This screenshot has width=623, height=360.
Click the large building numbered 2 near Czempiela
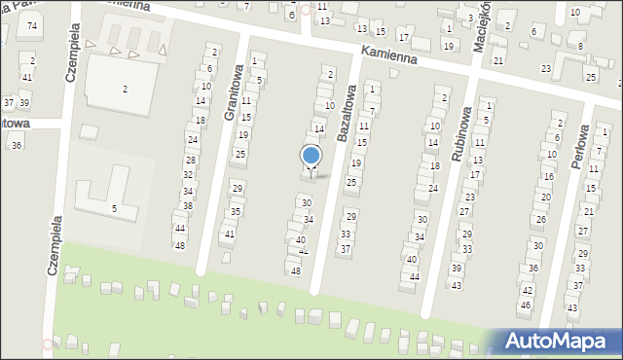[125, 89]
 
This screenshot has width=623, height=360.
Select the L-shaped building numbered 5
[113, 207]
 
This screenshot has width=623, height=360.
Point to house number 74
[32, 25]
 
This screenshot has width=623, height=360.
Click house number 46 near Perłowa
[525, 305]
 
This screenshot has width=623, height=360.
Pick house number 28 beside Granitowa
[191, 160]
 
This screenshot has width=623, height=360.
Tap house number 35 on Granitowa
[235, 211]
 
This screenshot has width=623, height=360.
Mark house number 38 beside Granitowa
[187, 205]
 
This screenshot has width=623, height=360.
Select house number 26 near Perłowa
[541, 220]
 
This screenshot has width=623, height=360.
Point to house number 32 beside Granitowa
[188, 175]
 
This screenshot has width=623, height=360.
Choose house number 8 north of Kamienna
[580, 46]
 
